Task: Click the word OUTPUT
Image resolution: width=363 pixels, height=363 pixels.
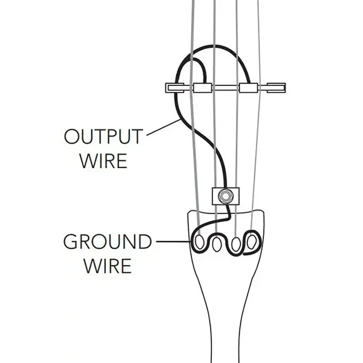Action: (103, 137)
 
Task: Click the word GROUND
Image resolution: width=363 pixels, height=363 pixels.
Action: (108, 241)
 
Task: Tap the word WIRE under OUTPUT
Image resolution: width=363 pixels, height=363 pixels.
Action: (103, 161)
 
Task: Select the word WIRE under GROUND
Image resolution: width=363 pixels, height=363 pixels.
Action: (108, 266)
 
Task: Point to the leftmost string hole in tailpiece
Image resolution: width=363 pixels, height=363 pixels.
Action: (200, 243)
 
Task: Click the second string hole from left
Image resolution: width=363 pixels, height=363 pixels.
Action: (217, 244)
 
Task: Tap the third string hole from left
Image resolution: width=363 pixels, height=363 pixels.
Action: (236, 244)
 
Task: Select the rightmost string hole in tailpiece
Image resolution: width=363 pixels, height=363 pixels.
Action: (252, 242)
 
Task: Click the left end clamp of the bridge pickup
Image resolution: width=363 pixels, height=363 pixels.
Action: (175, 88)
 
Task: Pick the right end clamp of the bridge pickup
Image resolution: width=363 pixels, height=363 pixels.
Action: (276, 88)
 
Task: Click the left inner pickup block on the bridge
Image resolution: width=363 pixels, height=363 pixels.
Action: (203, 88)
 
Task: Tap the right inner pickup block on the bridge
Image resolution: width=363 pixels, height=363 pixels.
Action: (249, 88)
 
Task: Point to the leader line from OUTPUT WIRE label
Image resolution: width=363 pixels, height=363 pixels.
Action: (164, 127)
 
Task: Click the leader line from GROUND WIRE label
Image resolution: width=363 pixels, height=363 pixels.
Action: (174, 241)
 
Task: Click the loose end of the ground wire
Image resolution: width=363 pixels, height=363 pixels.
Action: (244, 254)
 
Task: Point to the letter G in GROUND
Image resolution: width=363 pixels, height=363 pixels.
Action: (71, 241)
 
